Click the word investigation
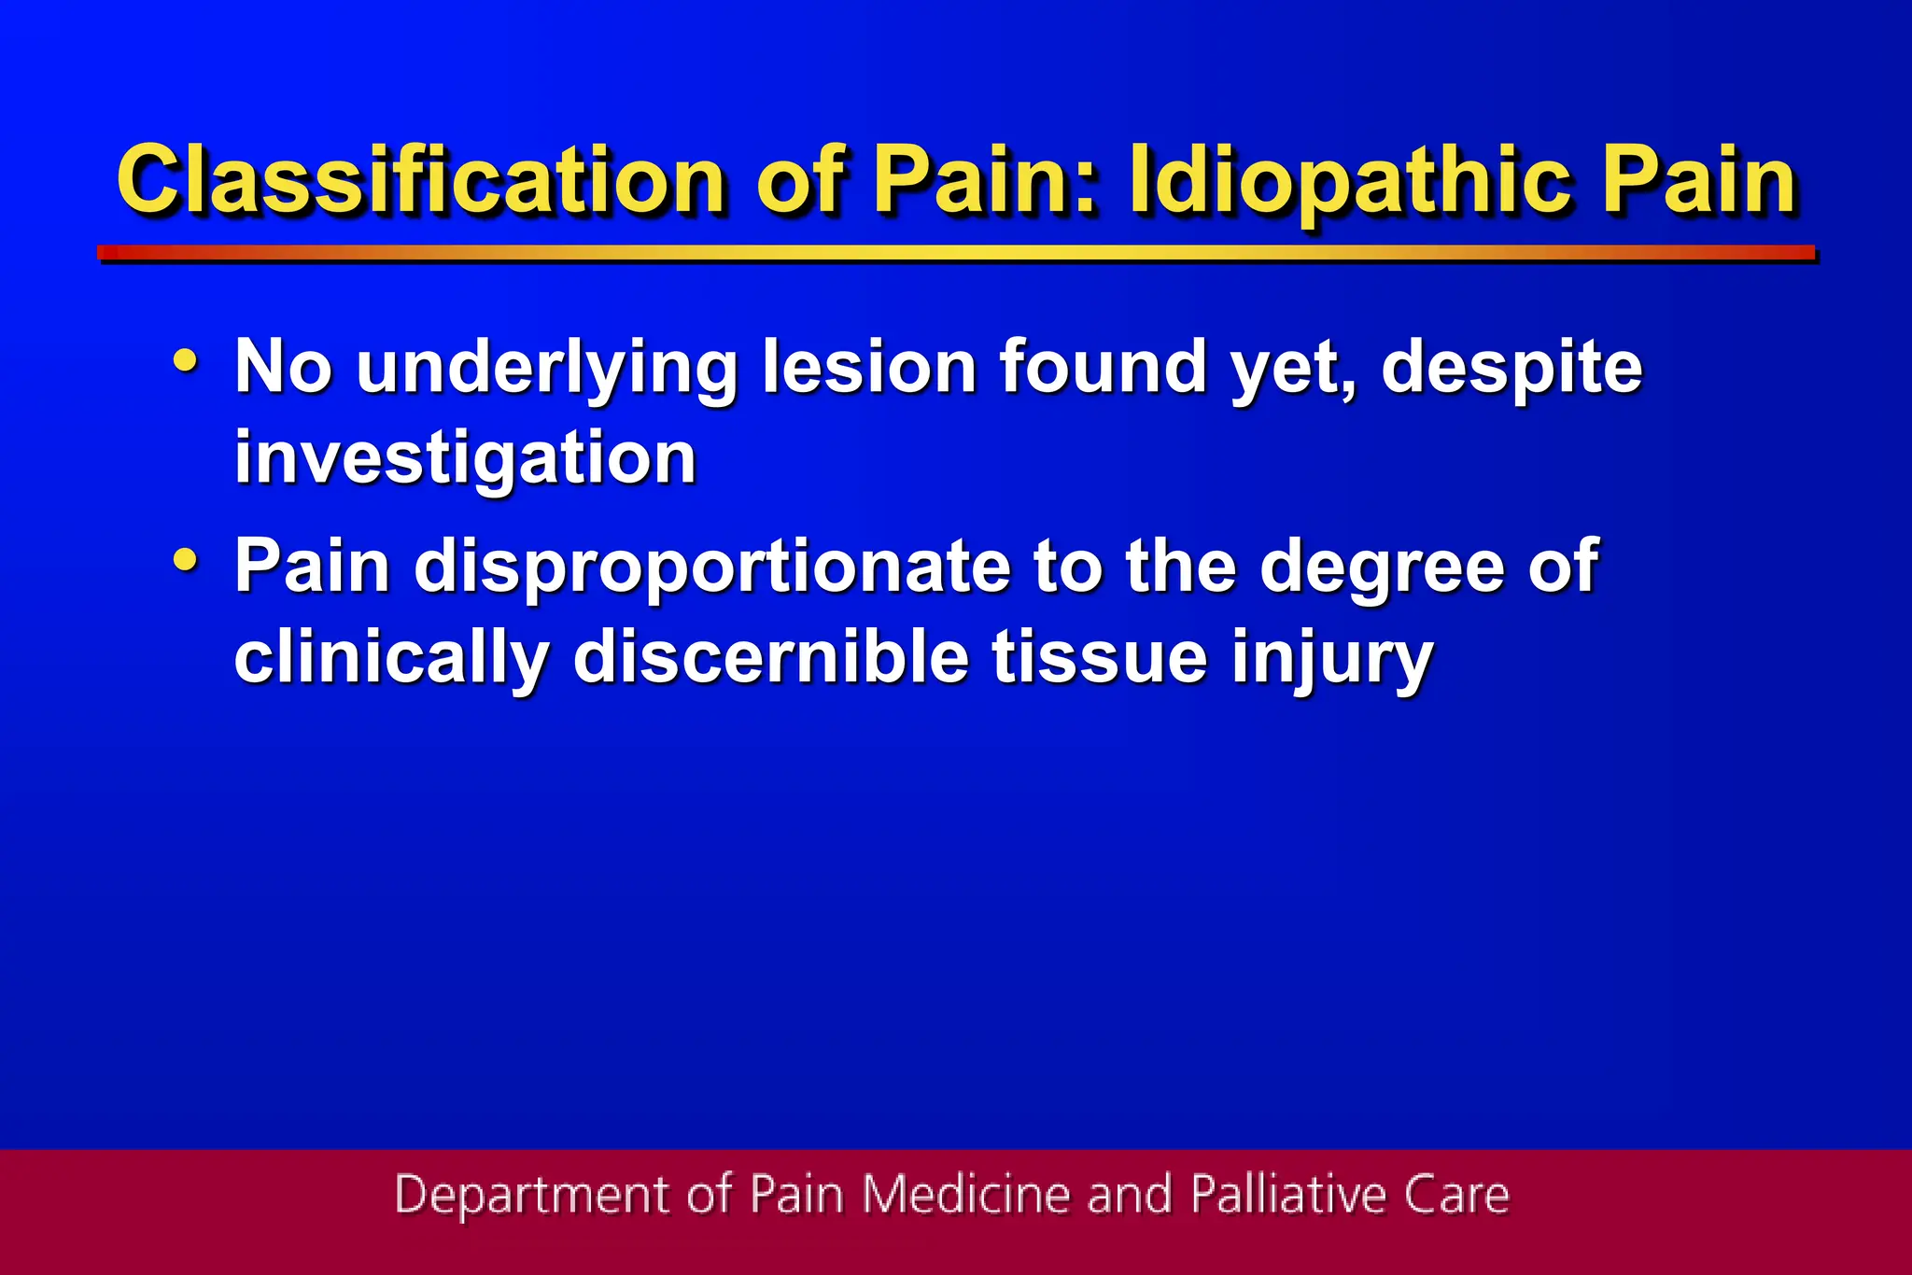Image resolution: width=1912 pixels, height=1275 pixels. click(465, 458)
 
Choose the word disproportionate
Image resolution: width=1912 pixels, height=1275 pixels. click(712, 567)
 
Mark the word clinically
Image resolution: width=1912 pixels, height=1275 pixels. click(391, 659)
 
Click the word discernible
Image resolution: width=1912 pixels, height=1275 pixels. click(771, 657)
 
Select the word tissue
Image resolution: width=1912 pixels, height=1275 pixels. click(1100, 657)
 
